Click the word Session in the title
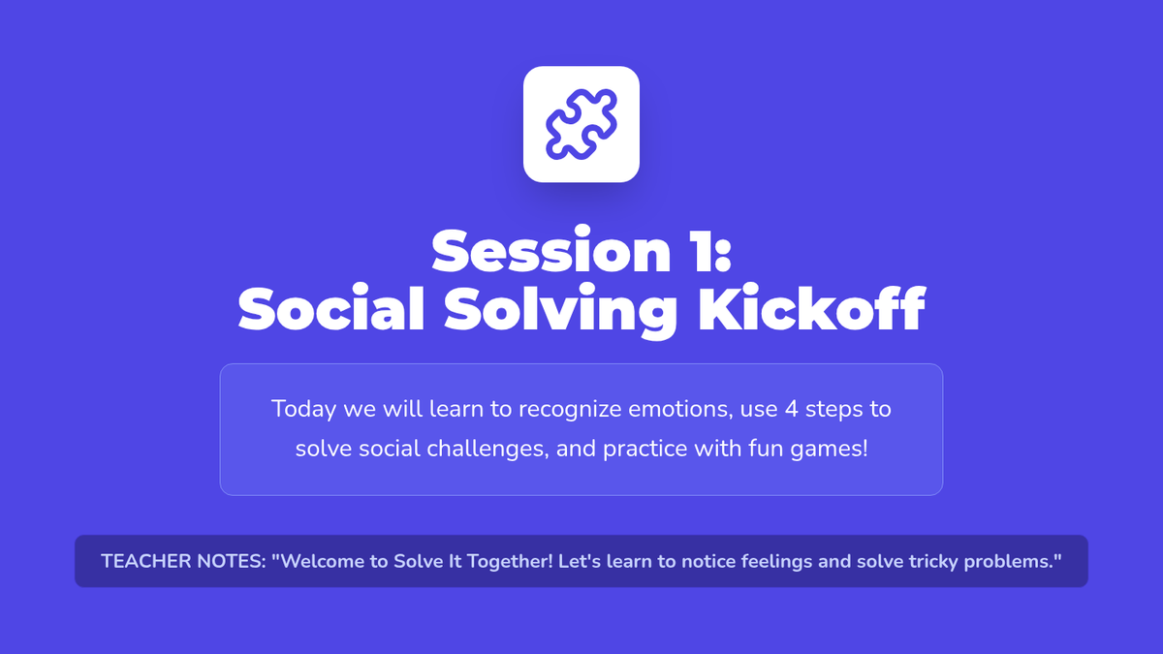[551, 251]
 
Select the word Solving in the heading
[560, 310]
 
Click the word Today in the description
[303, 410]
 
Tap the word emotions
[680, 410]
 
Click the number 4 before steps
[791, 409]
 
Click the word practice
[645, 449]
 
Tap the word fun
[766, 449]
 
